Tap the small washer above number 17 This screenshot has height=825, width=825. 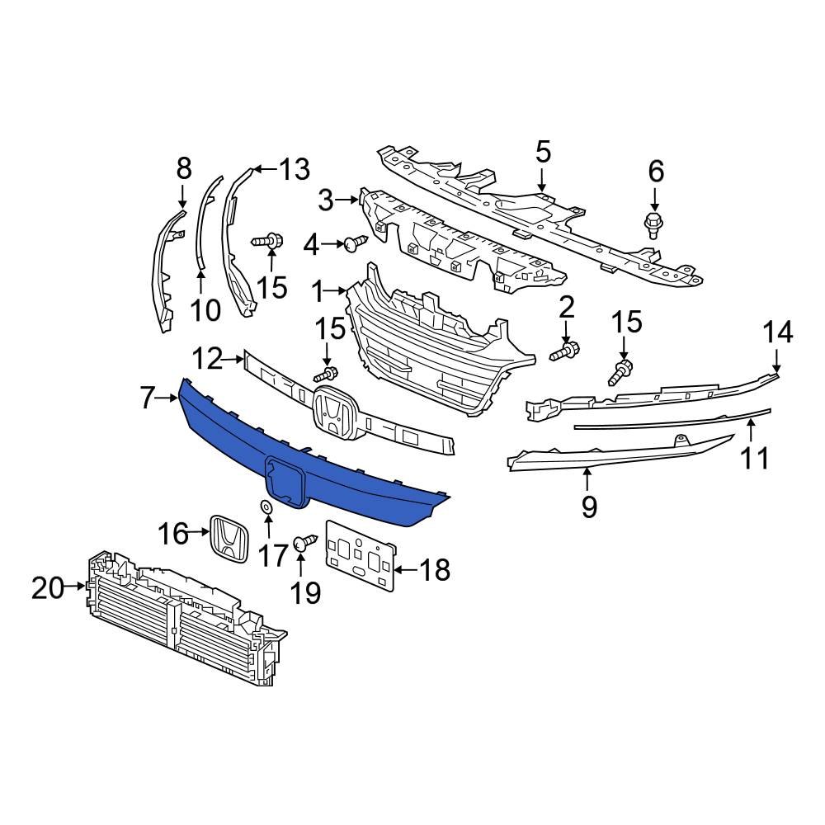tap(266, 507)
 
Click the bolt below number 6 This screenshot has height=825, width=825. tap(654, 223)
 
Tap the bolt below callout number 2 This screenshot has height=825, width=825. tap(566, 352)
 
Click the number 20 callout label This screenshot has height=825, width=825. tap(47, 588)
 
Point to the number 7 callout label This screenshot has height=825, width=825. tap(148, 398)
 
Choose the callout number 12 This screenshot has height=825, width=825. tap(207, 359)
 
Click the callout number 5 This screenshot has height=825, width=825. tap(542, 153)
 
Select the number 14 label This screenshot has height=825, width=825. tap(777, 332)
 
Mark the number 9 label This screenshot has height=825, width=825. tap(588, 507)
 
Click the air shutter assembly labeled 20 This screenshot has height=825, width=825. tap(181, 619)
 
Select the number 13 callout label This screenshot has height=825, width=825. tap(293, 169)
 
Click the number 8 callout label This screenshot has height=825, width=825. tap(184, 168)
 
